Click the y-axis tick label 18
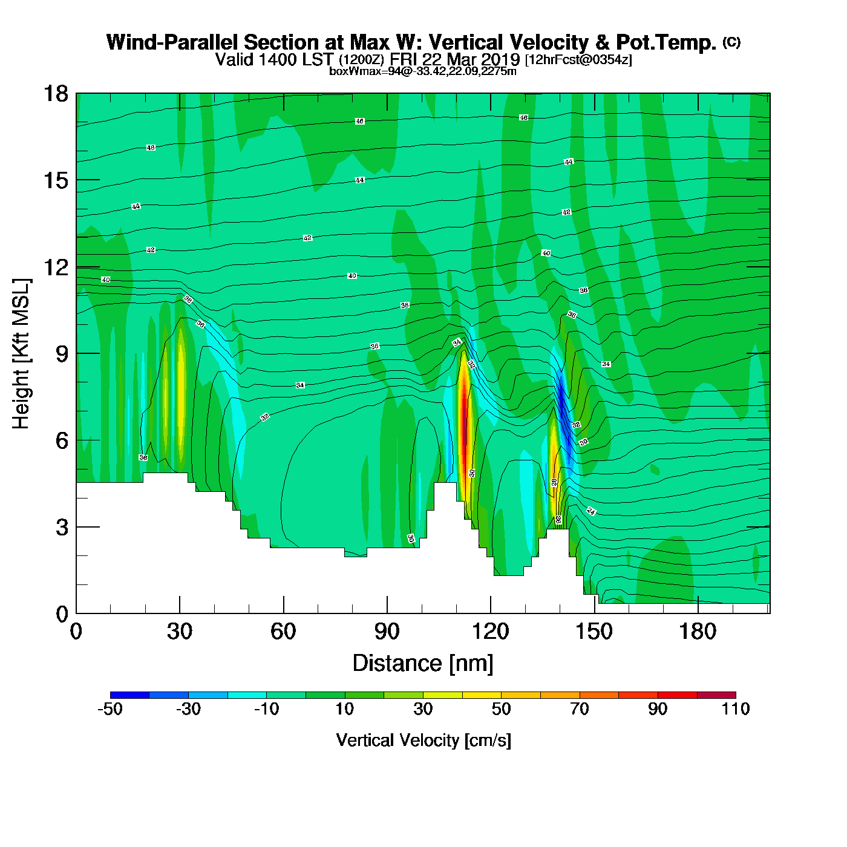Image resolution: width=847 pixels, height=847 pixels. pyautogui.click(x=55, y=94)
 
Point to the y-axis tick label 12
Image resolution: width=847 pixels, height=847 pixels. pyautogui.click(x=55, y=267)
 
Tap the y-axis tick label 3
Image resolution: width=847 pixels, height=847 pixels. pyautogui.click(x=62, y=528)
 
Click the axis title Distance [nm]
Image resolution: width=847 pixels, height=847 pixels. pyautogui.click(x=423, y=664)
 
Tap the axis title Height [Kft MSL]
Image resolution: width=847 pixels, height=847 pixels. pyautogui.click(x=21, y=354)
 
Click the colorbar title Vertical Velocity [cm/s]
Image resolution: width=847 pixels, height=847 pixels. pyautogui.click(x=423, y=740)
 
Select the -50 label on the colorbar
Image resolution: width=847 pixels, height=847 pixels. pyautogui.click(x=110, y=709)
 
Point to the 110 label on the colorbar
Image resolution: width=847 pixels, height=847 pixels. pyautogui.click(x=736, y=709)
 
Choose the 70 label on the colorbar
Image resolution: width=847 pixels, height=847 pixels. pyautogui.click(x=580, y=709)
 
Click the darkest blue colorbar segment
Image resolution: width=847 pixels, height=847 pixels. pyautogui.click(x=129, y=695)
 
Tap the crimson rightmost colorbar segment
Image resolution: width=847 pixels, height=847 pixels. pyautogui.click(x=716, y=695)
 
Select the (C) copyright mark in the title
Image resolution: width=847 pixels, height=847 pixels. pyautogui.click(x=731, y=42)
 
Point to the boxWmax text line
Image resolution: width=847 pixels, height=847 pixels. pyautogui.click(x=423, y=71)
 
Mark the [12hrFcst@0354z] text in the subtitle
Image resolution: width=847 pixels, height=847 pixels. pyautogui.click(x=578, y=60)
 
